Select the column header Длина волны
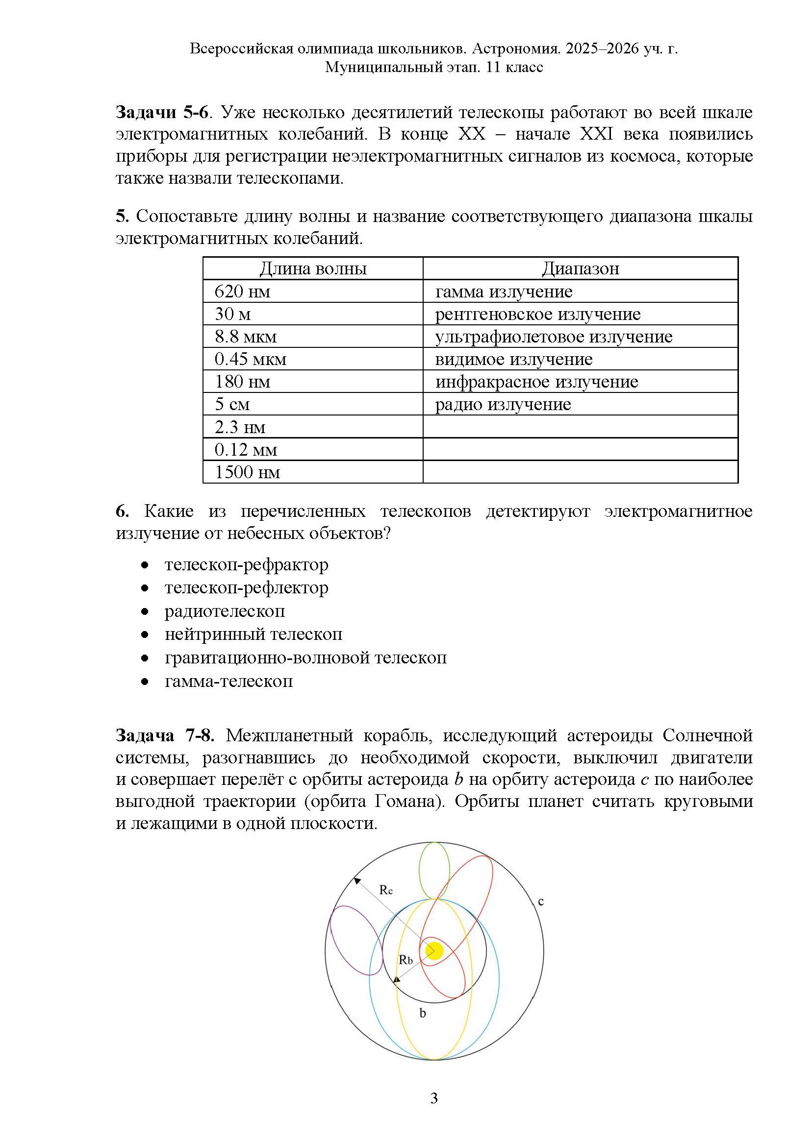tap(313, 269)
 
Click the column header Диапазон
tap(580, 269)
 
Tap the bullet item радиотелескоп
tap(225, 611)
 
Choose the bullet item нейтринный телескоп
tap(253, 634)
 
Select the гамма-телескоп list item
tap(228, 682)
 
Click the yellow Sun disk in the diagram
tap(434, 951)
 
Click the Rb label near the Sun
tap(405, 959)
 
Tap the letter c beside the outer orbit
tap(540, 902)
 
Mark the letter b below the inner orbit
tap(423, 1013)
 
